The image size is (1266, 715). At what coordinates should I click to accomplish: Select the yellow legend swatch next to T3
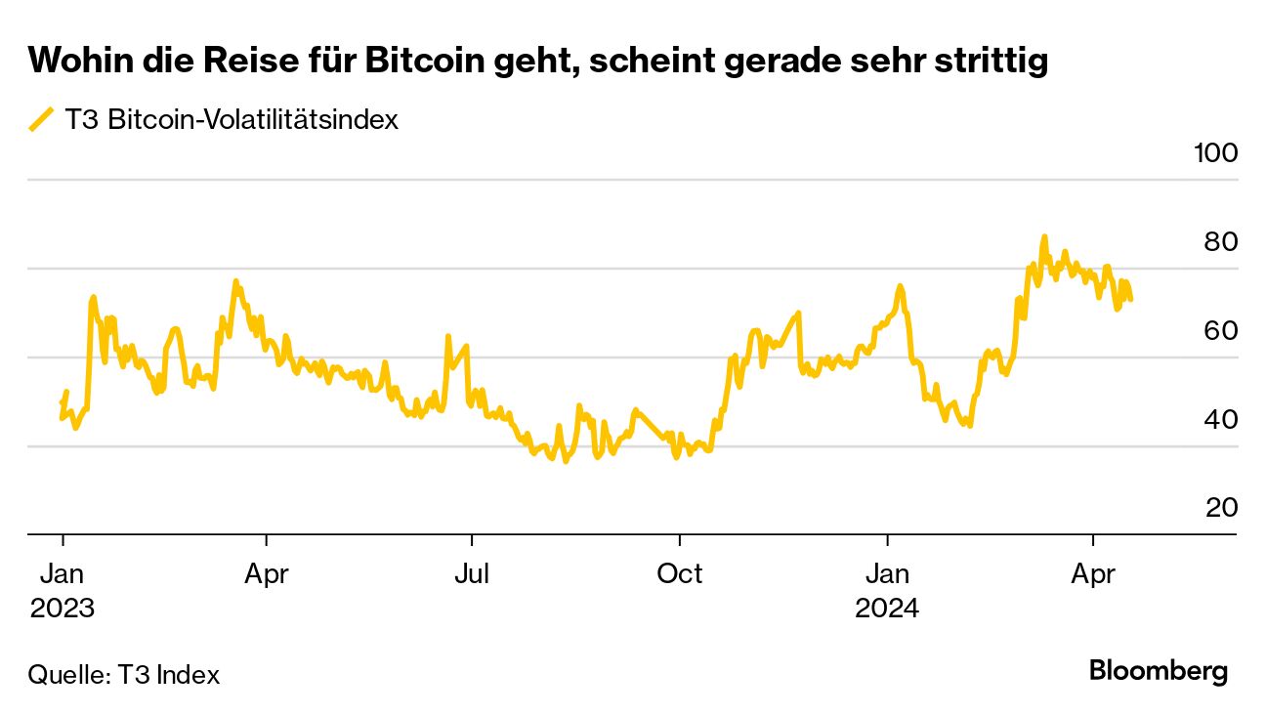point(42,120)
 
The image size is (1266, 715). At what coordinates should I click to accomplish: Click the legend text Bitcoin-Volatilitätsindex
point(253,120)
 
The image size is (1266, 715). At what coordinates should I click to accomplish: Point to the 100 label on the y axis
point(1215,153)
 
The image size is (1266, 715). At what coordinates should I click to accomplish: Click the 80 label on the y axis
point(1220,242)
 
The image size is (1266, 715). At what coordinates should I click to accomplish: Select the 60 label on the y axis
point(1220,331)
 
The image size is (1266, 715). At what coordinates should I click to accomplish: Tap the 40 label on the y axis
point(1220,420)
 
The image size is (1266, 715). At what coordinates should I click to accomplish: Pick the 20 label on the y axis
point(1220,508)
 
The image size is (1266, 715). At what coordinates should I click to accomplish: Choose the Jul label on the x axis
point(472,573)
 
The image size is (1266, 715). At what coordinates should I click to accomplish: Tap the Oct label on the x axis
point(679,573)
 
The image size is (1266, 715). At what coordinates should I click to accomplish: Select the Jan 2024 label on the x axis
point(887,591)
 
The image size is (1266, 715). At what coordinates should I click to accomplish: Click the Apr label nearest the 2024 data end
point(1092,573)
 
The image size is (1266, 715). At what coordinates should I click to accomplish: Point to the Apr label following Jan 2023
point(266,573)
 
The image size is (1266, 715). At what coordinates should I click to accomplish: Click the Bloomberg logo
point(1158,672)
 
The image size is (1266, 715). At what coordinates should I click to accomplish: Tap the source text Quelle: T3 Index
point(124,674)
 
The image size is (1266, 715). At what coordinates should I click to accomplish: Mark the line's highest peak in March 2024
point(1044,236)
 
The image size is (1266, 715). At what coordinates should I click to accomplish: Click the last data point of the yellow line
point(1131,299)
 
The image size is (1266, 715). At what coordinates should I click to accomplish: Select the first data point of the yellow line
point(62,403)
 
